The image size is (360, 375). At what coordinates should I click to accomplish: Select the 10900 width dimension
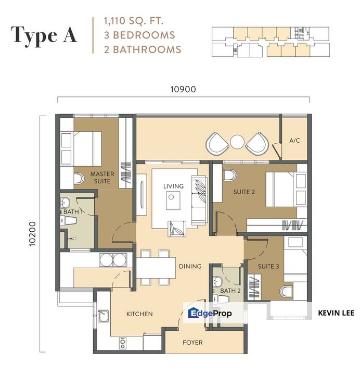[183, 89]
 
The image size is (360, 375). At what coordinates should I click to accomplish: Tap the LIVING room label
[173, 186]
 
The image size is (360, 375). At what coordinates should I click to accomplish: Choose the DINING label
[190, 266]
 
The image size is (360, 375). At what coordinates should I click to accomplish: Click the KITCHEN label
[139, 314]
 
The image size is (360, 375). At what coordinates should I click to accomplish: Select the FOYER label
[192, 342]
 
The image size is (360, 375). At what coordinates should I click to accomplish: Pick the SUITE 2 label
[244, 192]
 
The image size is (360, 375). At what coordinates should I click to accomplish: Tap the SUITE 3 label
[269, 266]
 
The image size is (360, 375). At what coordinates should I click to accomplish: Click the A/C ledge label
[294, 141]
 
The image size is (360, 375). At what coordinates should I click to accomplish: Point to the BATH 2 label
[228, 290]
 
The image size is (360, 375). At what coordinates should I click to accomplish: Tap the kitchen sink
[103, 315]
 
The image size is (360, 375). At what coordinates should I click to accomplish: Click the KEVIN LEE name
[336, 314]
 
